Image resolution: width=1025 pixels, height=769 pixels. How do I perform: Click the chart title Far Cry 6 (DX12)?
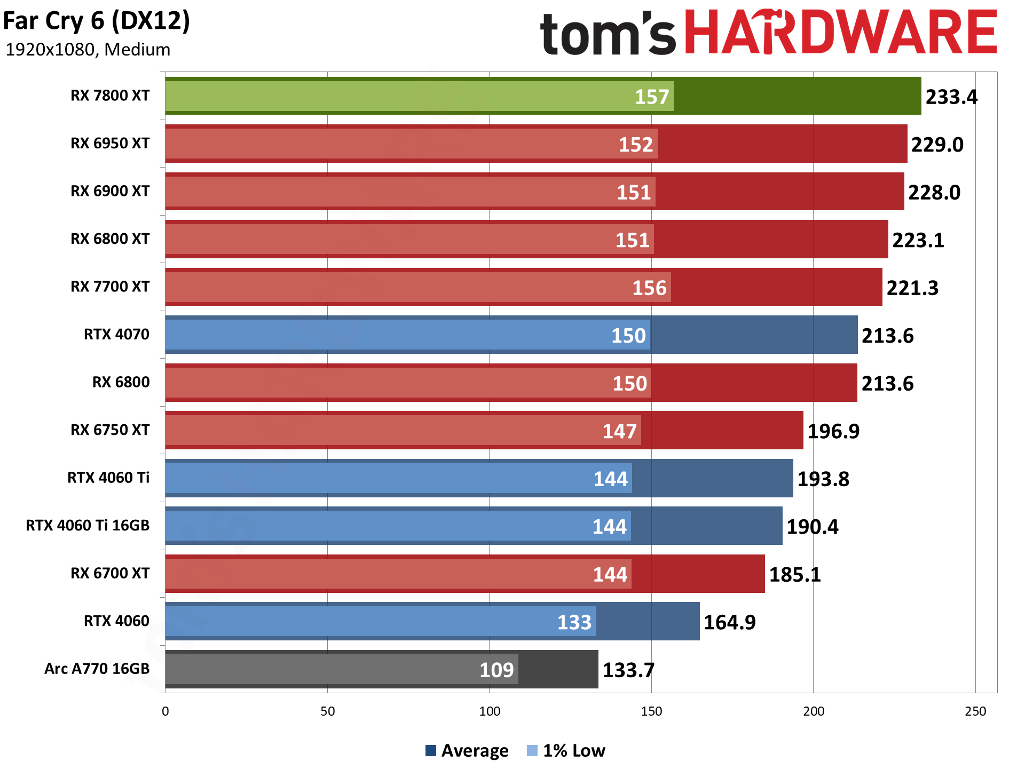coord(97,21)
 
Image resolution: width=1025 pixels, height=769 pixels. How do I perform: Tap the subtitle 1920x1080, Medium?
coord(88,50)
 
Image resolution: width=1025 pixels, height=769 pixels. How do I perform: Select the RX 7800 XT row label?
coord(110,96)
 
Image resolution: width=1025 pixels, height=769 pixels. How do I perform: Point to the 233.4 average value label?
coord(951,97)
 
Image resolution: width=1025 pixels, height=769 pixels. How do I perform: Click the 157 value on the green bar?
coord(652,97)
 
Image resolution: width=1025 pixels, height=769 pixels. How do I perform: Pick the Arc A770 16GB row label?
coord(97,669)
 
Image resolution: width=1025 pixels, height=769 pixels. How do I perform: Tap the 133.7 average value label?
coord(628,670)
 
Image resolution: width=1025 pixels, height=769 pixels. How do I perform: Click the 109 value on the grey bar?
coord(496,670)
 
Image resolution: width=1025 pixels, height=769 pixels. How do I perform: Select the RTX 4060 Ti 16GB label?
coord(88,526)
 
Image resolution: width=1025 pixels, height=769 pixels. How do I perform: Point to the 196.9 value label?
coord(833,431)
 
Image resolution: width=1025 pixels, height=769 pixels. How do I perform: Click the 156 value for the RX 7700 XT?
coord(650,288)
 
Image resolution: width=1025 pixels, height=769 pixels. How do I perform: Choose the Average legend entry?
coord(467,751)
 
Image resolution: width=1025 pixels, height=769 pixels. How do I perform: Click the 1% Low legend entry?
coord(566,751)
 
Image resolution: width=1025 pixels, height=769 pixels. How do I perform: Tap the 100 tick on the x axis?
coord(490,711)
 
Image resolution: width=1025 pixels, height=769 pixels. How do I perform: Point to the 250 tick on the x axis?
coord(975,711)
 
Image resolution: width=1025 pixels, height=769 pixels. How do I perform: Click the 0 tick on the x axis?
coord(165,711)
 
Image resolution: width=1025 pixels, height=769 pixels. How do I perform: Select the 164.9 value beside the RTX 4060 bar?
coord(730,622)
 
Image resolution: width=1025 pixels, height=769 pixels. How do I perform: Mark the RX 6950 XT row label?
coord(110,144)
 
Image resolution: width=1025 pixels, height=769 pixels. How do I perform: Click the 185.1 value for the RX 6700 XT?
coord(795,575)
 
